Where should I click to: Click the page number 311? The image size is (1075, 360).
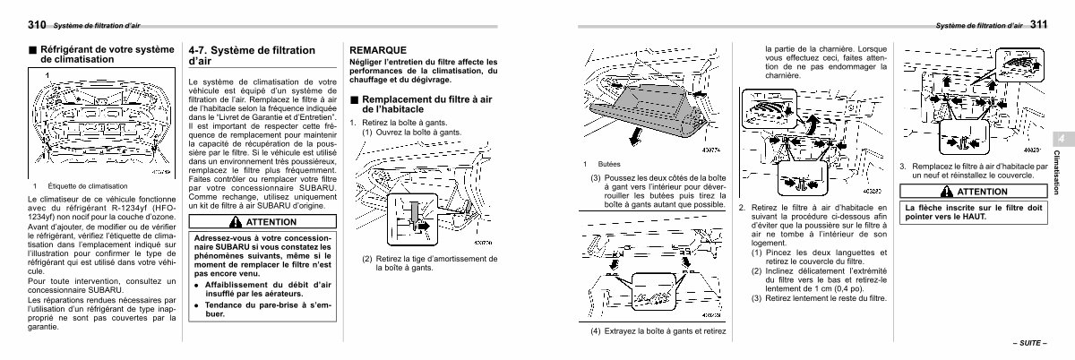1045,25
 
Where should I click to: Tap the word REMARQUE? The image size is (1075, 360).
378,49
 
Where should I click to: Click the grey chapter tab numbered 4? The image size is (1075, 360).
1058,141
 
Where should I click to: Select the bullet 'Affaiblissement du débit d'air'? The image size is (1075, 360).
262,287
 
